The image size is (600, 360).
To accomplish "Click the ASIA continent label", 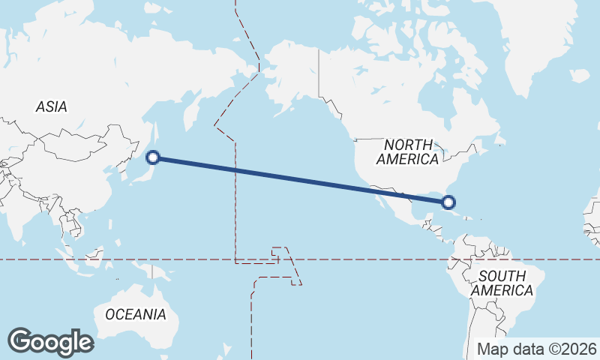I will pos(51,106).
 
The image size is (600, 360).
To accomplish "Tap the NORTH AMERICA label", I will pos(408,151).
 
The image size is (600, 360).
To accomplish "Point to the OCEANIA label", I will pos(136,314).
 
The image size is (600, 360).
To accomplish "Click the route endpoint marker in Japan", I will pos(153,157).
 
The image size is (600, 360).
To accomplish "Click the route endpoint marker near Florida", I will pos(448,202).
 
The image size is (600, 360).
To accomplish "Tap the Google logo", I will pos(50,342).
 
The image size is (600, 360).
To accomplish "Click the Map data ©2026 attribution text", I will pos(537,349).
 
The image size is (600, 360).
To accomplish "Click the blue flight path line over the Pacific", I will pos(300,179).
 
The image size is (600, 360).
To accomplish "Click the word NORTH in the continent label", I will pos(408,144).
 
